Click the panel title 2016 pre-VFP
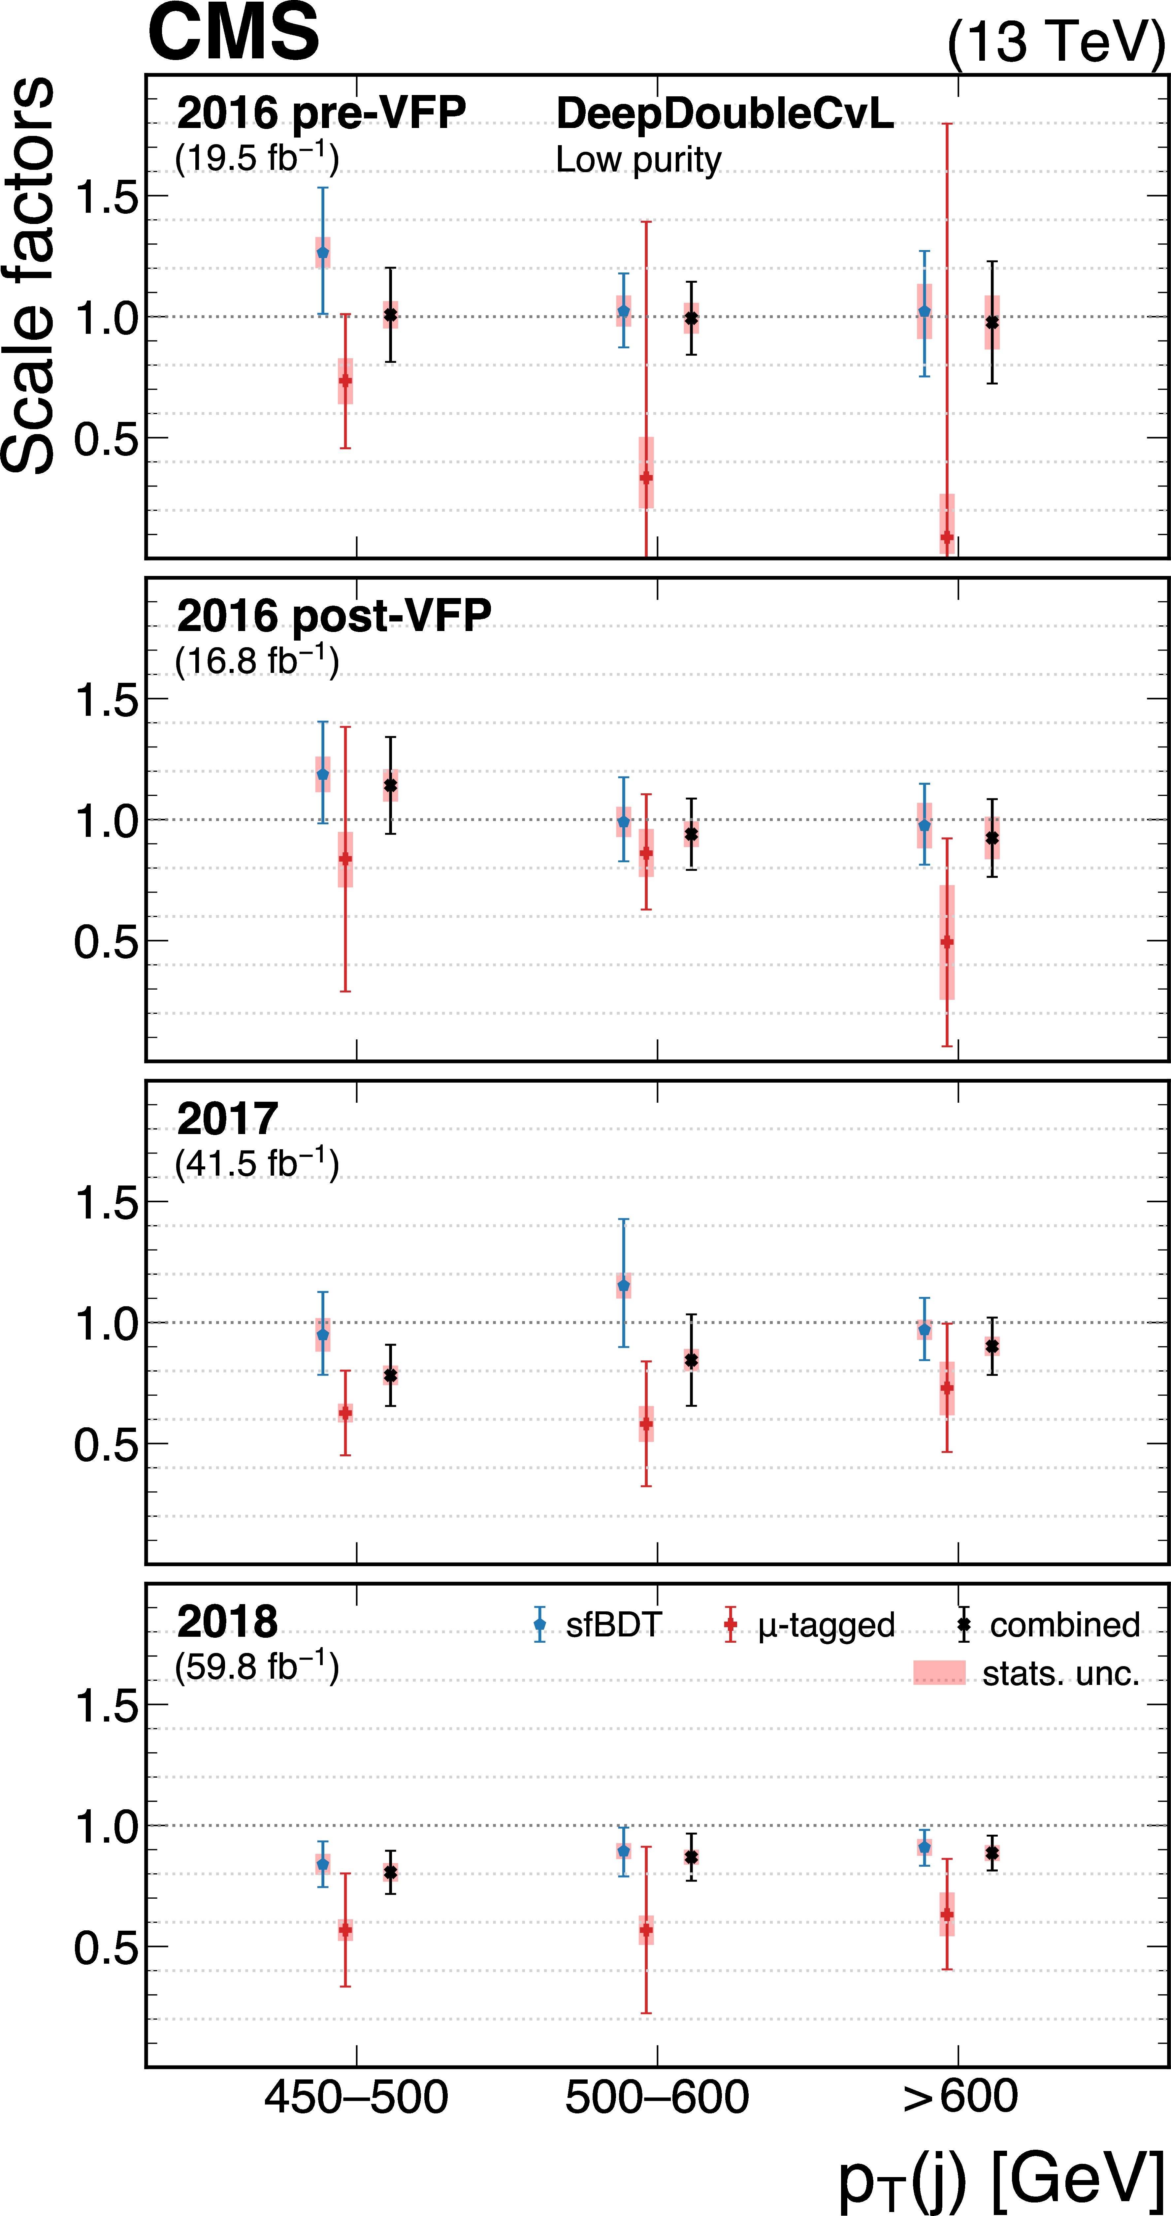click(321, 113)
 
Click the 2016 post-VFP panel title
click(334, 616)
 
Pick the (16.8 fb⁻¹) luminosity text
click(256, 661)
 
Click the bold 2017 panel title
click(227, 1118)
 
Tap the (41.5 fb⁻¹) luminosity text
click(256, 1163)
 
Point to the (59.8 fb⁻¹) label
click(256, 1666)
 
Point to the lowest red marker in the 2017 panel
click(646, 1424)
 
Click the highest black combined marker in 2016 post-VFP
click(391, 785)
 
